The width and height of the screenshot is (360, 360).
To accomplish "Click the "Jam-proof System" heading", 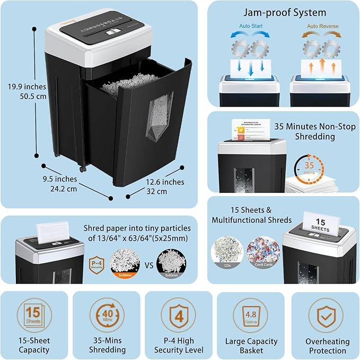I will (284, 12).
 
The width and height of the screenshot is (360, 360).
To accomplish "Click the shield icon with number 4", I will (178, 315).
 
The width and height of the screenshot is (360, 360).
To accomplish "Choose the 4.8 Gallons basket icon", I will (250, 315).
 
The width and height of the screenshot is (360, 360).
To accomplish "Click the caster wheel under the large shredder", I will (82, 169).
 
